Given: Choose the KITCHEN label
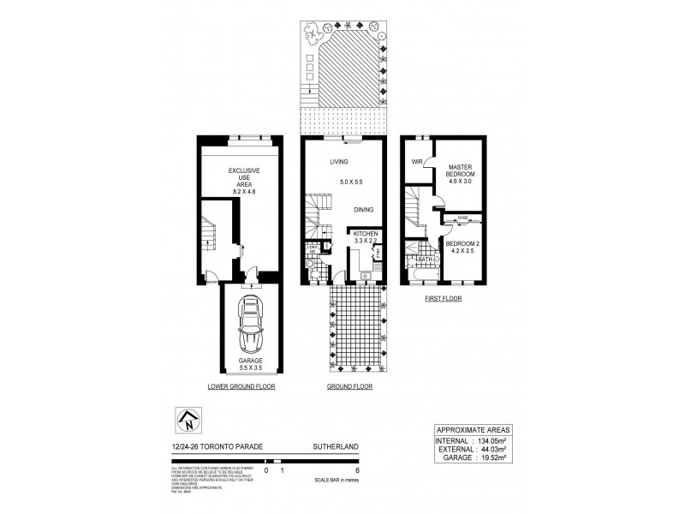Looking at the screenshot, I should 366,234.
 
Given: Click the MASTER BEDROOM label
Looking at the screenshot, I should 462,168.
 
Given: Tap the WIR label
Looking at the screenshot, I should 419,162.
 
